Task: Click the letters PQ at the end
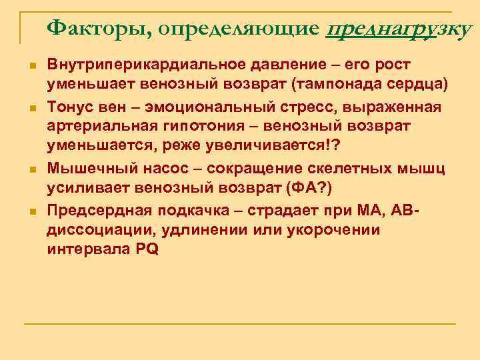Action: click(147, 250)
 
